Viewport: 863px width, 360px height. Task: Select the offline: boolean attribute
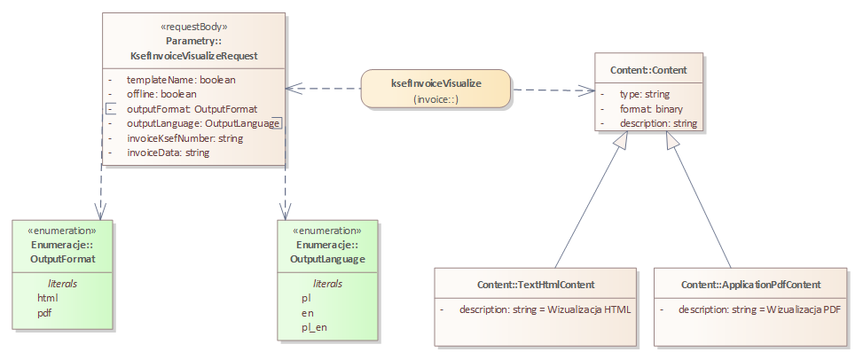pyautogui.click(x=161, y=93)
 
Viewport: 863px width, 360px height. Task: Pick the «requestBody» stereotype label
pyautogui.click(x=193, y=27)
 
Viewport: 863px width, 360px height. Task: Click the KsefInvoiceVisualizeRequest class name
pyautogui.click(x=193, y=55)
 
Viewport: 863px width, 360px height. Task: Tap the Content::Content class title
pyautogui.click(x=648, y=69)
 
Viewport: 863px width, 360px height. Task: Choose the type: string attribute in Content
pyautogui.click(x=644, y=93)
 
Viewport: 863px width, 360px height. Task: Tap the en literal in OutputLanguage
pyautogui.click(x=307, y=313)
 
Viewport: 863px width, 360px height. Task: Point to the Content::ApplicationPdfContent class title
pyautogui.click(x=750, y=285)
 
